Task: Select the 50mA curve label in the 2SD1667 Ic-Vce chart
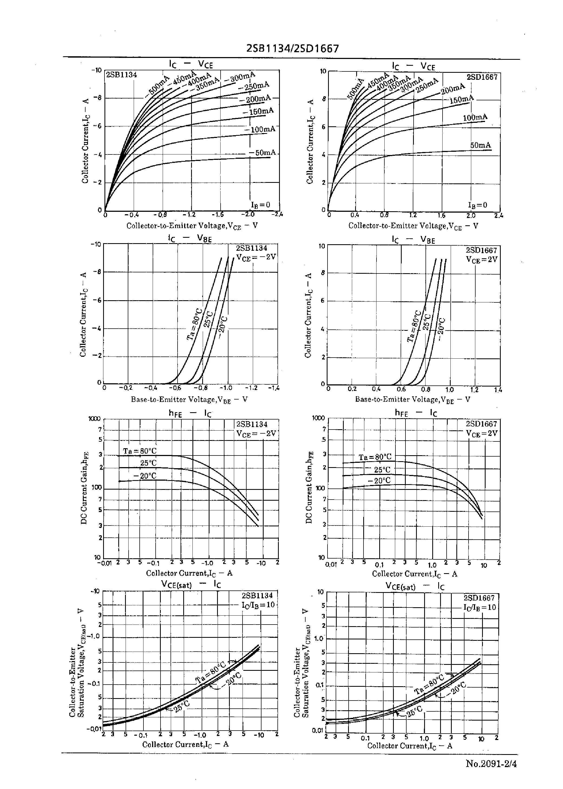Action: coord(480,146)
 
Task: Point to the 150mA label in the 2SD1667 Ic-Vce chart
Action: coord(461,100)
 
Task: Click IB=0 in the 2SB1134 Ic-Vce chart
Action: coord(260,205)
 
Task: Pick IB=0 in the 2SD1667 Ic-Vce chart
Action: coord(477,205)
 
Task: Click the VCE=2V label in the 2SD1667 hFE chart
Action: coord(482,433)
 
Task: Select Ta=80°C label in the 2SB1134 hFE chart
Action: coord(140,451)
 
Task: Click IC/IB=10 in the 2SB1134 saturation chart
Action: coord(258,605)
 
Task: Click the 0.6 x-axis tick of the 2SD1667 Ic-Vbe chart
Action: coord(401,389)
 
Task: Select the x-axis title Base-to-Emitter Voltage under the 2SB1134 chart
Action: coord(189,399)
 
